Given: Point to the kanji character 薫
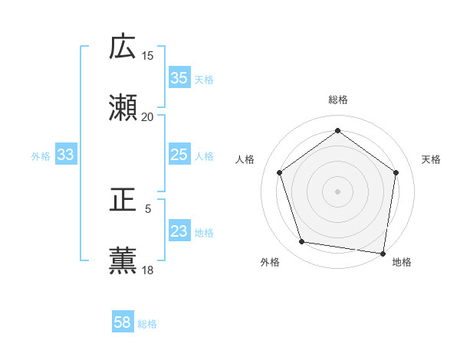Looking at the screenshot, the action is click(123, 261).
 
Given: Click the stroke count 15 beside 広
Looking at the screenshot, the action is click(148, 56).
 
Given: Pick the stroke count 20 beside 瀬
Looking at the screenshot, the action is click(148, 117).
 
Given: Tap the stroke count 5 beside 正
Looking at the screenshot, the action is click(148, 208).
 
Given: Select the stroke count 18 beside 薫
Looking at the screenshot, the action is click(148, 270).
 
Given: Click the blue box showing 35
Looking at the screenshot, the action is click(179, 78).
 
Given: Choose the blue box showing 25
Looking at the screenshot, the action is click(179, 155).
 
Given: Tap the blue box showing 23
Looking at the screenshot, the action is click(179, 231).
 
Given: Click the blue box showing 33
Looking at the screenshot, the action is click(66, 155).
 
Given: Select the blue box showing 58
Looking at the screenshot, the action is click(123, 322).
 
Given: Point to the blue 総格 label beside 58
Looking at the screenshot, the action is click(147, 324).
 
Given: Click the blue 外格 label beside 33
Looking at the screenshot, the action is click(41, 156).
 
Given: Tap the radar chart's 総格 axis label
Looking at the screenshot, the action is click(337, 100).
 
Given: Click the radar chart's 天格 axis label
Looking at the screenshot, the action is click(431, 159).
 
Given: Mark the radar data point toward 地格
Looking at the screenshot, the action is click(383, 253).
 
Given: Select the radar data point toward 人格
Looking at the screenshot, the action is click(279, 172).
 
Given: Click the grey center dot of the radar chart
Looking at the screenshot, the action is click(337, 191).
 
